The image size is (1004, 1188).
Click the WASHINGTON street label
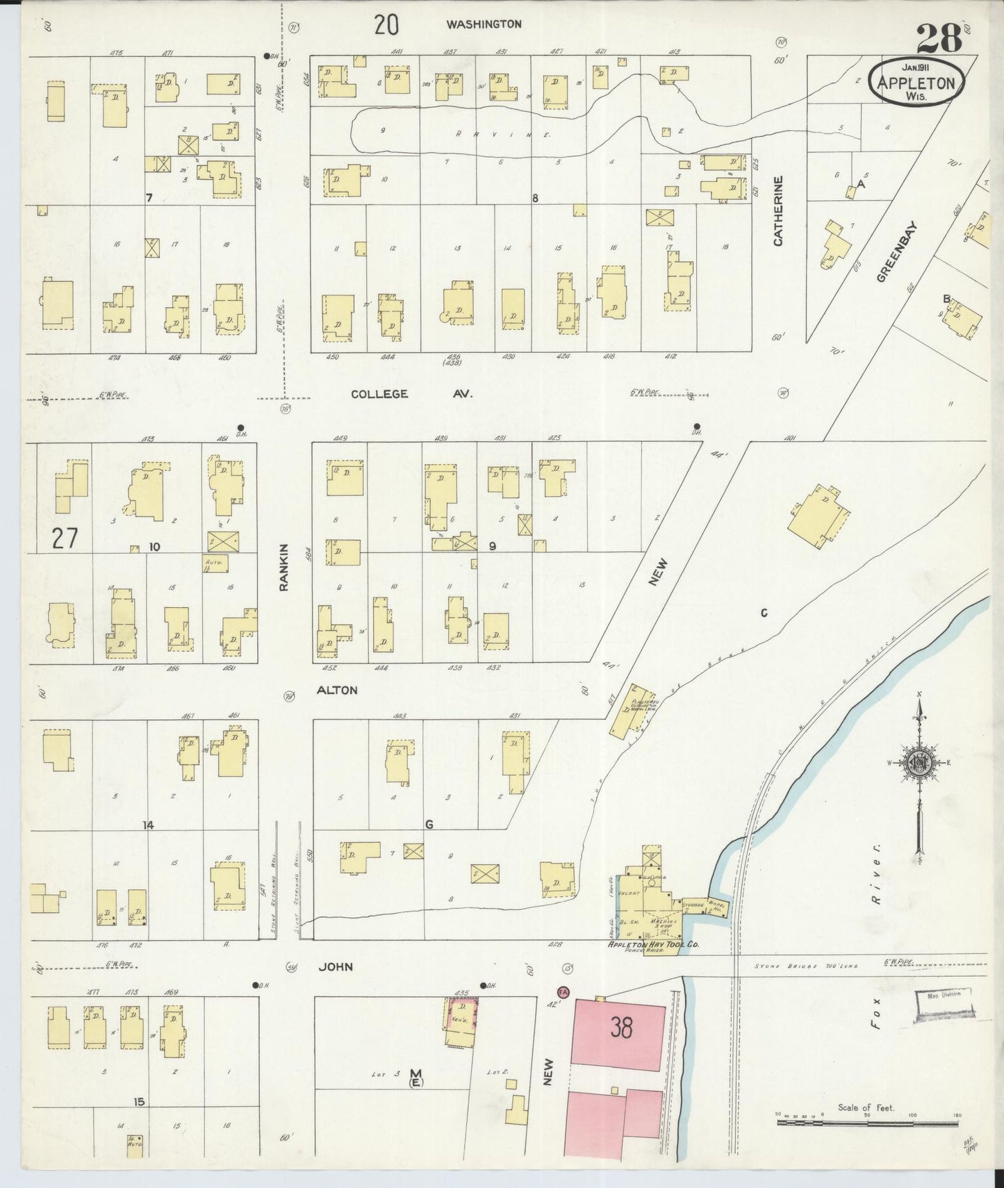(x=484, y=24)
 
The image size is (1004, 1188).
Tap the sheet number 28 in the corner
(x=939, y=38)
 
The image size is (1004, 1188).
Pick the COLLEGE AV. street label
(x=411, y=394)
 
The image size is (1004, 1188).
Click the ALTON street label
(x=337, y=690)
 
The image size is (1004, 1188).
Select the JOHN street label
(x=336, y=966)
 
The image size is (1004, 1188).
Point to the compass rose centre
(x=919, y=762)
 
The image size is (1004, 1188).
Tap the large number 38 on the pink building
(x=621, y=1027)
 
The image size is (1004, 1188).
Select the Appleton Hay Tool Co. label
(x=653, y=945)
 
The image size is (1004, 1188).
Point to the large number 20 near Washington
(x=386, y=25)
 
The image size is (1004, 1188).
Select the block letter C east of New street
(x=763, y=613)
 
